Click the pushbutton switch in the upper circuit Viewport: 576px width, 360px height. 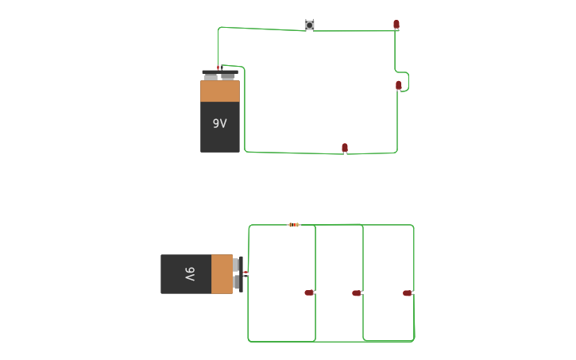pos(309,25)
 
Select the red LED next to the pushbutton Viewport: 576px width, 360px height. pos(396,25)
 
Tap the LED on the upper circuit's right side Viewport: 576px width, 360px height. pos(399,85)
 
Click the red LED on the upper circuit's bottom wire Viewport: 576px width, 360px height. pos(345,148)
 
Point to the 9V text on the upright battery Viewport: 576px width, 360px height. pos(219,124)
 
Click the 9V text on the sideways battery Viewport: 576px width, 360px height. pos(190,274)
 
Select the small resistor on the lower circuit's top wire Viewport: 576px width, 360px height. pos(294,225)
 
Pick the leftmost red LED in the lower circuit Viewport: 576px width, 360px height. pos(309,292)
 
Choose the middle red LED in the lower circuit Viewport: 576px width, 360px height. pos(357,293)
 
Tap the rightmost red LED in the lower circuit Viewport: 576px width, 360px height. pos(408,293)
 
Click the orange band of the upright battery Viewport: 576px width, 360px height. pos(220,91)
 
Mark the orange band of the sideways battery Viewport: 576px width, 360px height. pos(222,274)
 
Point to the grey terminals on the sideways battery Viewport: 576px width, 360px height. pos(237,274)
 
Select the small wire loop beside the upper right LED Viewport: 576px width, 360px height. pos(405,82)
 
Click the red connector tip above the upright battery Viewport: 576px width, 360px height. pos(218,68)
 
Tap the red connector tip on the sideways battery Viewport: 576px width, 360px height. pos(245,273)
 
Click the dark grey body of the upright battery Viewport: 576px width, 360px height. pos(220,135)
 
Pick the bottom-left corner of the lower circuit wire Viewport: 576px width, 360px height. pos(249,339)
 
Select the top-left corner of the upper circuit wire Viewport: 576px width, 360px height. pos(219,29)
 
